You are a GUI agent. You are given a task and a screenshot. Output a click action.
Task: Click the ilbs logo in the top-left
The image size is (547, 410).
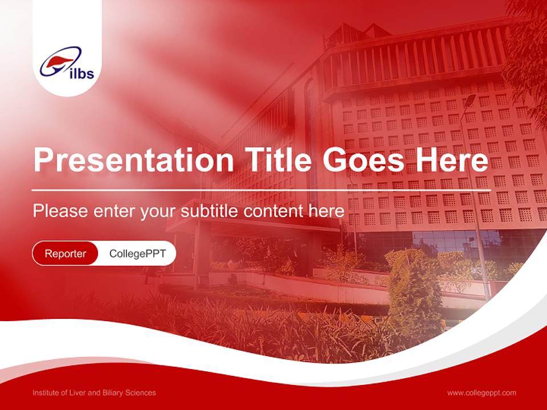coord(67,63)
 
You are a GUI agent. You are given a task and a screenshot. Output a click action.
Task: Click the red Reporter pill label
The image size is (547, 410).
coord(66,253)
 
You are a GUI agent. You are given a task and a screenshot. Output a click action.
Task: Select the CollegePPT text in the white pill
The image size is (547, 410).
coord(137,253)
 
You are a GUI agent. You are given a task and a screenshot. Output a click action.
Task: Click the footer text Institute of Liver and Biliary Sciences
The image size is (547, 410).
coord(94,393)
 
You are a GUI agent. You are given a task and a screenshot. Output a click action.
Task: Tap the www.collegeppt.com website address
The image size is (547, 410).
coord(481,393)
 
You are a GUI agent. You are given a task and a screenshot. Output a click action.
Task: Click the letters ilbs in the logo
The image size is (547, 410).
coord(80,73)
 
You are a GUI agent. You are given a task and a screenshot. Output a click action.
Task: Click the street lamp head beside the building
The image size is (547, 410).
coord(470,100)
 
